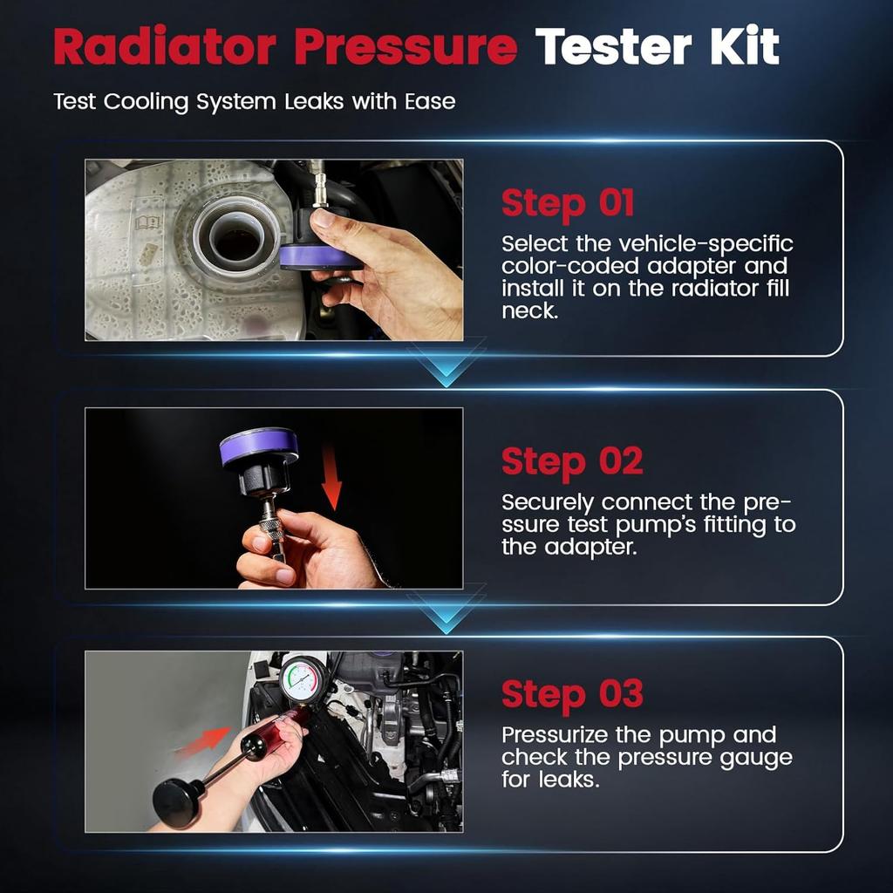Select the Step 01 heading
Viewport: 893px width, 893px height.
click(568, 203)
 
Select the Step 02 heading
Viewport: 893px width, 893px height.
click(571, 461)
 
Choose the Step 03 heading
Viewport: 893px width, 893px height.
click(571, 694)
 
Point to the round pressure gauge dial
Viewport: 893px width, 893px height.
click(303, 679)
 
